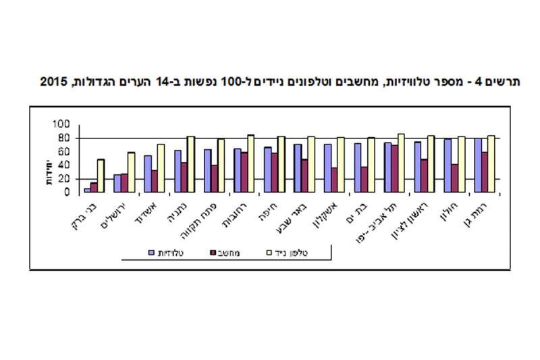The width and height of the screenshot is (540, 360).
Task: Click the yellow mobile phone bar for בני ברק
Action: point(101,176)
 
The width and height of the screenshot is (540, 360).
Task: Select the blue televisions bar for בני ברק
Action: point(87,190)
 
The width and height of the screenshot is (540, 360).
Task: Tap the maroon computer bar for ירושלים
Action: point(124,183)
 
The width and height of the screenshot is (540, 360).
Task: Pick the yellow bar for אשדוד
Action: point(161,168)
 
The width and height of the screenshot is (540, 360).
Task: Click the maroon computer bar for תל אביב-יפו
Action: point(394,169)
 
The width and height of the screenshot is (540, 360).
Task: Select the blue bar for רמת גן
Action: point(478,165)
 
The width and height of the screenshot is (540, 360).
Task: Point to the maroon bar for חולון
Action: point(455,178)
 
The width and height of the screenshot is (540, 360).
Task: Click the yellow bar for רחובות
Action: point(250,163)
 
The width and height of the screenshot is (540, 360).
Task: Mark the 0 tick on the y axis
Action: point(66,192)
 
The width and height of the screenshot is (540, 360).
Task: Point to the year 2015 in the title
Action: point(53,82)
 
